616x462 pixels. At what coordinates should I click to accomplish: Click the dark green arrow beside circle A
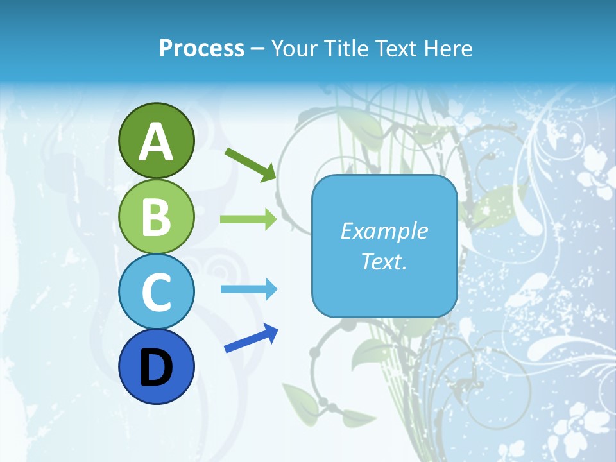250,164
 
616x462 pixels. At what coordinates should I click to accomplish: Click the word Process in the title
201,48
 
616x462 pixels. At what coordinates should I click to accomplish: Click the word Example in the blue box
384,231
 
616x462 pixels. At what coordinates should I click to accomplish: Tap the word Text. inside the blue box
384,262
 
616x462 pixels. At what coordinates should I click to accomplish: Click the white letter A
157,142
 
